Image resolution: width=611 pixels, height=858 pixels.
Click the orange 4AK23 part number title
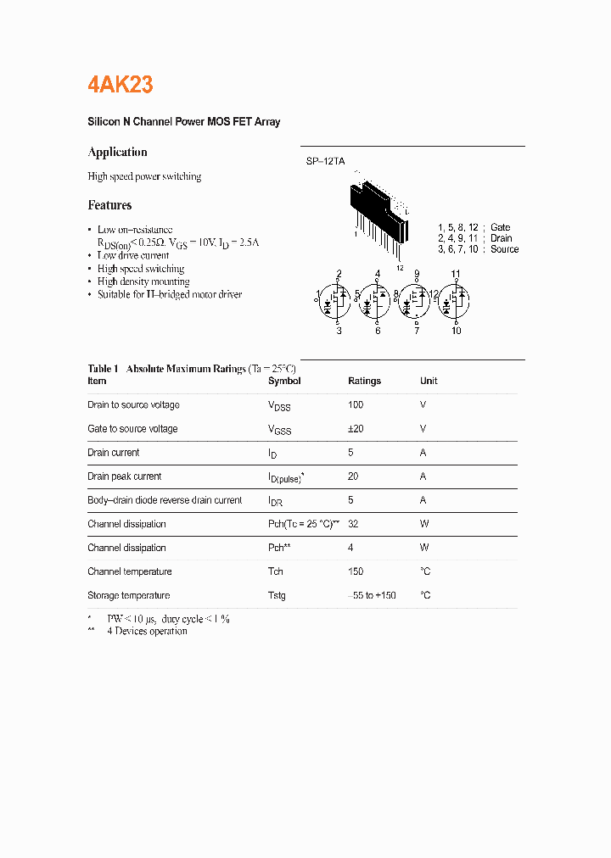(x=121, y=85)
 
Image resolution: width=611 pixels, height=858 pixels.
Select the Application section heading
(x=117, y=153)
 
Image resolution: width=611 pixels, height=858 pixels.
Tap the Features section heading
(x=109, y=205)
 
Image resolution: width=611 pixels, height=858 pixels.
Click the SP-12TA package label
(x=325, y=161)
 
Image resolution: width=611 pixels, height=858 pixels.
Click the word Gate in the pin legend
(x=500, y=227)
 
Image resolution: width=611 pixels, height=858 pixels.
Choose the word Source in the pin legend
(x=504, y=249)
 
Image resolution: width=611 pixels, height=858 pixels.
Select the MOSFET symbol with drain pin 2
(x=338, y=298)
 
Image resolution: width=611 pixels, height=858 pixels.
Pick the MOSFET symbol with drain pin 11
(x=456, y=298)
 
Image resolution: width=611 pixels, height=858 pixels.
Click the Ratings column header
(x=364, y=382)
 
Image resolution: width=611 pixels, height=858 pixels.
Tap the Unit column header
(x=429, y=382)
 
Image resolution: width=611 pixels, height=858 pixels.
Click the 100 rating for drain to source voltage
(x=356, y=405)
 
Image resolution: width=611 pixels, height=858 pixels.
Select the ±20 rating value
(x=356, y=429)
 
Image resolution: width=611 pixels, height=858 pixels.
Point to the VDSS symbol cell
(x=279, y=406)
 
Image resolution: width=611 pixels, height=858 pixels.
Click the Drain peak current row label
(x=124, y=476)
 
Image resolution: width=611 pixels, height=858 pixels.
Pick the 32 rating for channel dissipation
(x=353, y=524)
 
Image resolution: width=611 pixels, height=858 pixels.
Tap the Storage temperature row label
(x=128, y=595)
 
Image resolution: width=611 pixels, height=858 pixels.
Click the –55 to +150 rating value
(x=372, y=595)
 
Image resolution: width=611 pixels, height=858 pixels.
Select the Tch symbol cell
(x=276, y=571)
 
